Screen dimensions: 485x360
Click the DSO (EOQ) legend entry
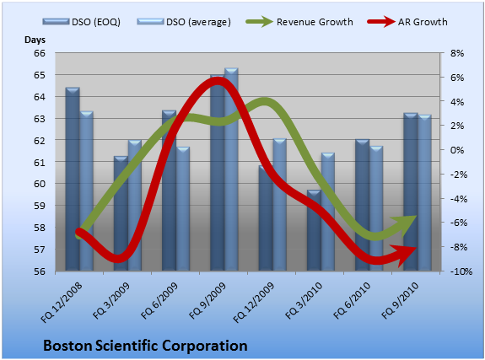pyautogui.click(x=81, y=22)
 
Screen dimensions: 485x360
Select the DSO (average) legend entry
pyautogui.click(x=184, y=22)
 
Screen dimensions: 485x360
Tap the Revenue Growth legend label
pyautogui.click(x=315, y=22)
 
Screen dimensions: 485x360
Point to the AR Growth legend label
pyautogui.click(x=423, y=22)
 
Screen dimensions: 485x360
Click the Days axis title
pyautogui.click(x=35, y=40)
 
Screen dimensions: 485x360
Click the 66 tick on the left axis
pyautogui.click(x=40, y=53)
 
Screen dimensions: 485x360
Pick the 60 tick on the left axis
pyautogui.click(x=40, y=184)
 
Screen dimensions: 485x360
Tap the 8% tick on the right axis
pyautogui.click(x=457, y=53)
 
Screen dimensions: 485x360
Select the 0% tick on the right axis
pyautogui.click(x=457, y=150)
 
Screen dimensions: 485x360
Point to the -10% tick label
pyautogui.click(x=461, y=271)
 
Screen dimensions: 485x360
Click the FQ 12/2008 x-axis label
pyautogui.click(x=62, y=302)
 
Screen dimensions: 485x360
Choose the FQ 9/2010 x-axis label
pyautogui.click(x=401, y=300)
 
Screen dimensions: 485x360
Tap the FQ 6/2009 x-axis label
pyautogui.click(x=159, y=300)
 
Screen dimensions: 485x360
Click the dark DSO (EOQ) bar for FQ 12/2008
pyautogui.click(x=73, y=180)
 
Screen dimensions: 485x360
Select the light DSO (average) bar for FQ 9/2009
pyautogui.click(x=231, y=169)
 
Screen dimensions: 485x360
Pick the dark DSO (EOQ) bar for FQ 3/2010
pyautogui.click(x=315, y=231)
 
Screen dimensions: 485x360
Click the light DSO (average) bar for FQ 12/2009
pyautogui.click(x=280, y=205)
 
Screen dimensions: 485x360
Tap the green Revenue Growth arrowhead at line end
pyautogui.click(x=406, y=223)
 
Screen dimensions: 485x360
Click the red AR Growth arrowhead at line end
pyautogui.click(x=404, y=255)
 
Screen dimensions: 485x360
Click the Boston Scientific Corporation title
pyautogui.click(x=145, y=346)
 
